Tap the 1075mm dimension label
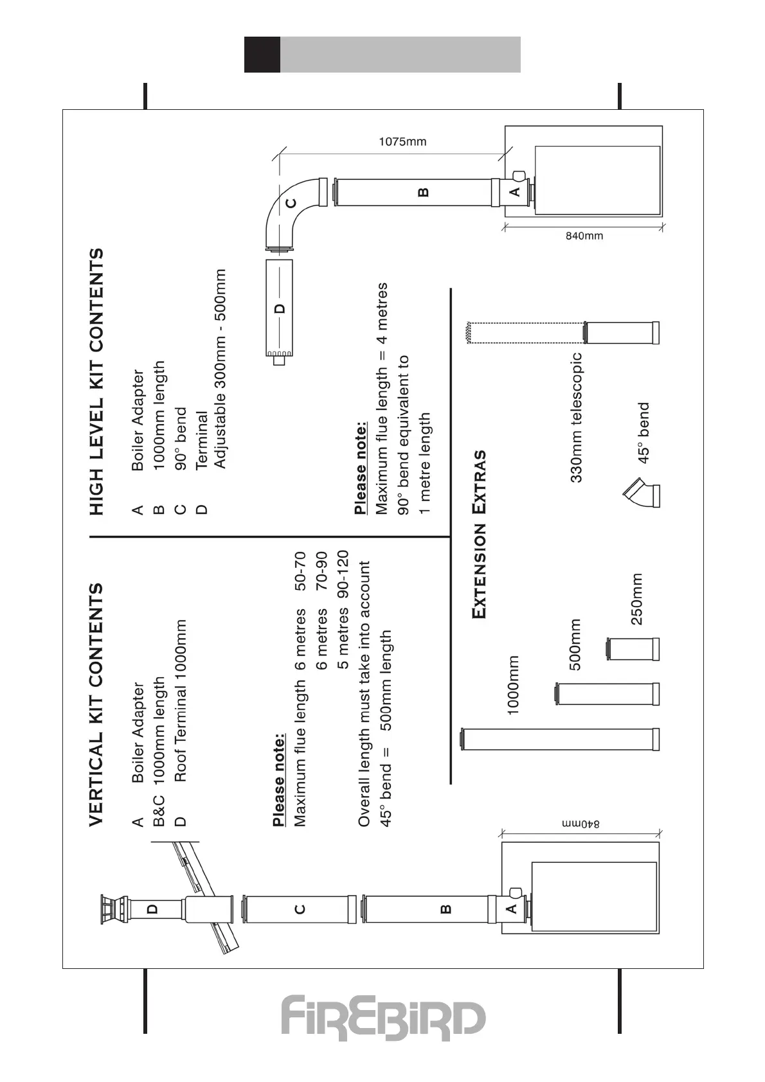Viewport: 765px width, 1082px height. [402, 142]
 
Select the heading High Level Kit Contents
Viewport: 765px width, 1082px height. [96, 382]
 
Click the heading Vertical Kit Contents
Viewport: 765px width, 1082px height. [96, 705]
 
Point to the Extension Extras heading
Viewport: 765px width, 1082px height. [479, 534]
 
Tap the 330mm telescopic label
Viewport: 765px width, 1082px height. [576, 418]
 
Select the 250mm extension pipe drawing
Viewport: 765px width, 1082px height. [633, 649]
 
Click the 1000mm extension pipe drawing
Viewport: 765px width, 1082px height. [559, 739]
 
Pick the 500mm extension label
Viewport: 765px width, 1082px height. [575, 644]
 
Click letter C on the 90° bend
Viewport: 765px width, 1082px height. [291, 203]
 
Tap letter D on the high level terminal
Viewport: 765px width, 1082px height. [280, 308]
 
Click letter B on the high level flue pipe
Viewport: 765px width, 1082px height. [423, 191]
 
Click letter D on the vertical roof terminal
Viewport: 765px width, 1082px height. [152, 909]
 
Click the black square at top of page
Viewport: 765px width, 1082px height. [262, 55]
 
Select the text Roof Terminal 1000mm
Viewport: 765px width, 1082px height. [181, 700]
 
